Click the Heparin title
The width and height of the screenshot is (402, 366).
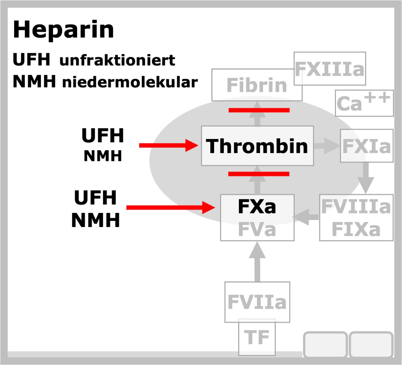[63, 30]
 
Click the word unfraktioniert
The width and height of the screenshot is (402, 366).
[117, 60]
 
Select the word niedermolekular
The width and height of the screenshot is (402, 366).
[130, 82]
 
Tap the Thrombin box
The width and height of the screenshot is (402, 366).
[257, 146]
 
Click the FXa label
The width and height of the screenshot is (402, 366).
[257, 206]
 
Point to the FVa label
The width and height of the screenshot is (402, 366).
[257, 229]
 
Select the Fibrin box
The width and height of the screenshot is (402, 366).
[257, 85]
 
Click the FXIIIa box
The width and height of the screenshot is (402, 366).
[330, 69]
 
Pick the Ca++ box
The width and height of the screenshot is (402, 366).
[364, 103]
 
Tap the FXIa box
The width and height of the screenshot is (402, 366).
[367, 146]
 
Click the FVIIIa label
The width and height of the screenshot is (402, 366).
[356, 206]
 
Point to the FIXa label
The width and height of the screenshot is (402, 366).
[356, 229]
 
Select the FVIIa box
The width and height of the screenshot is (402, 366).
[257, 302]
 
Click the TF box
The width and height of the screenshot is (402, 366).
[257, 337]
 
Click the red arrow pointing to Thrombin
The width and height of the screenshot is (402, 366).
[169, 145]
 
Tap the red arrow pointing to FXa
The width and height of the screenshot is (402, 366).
[171, 208]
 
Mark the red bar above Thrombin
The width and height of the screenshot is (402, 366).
[259, 110]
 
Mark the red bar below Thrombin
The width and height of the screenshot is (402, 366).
[259, 174]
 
